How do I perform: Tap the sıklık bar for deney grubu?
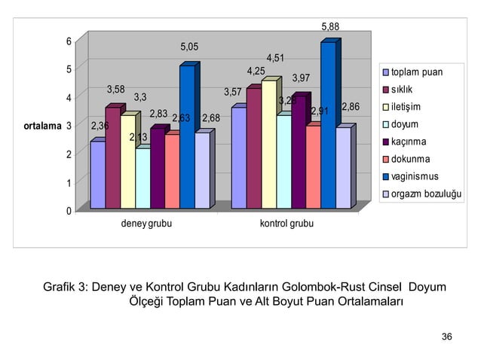[113, 158]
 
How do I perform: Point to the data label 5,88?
[330, 27]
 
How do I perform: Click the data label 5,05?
[189, 47]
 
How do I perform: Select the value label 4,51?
[275, 58]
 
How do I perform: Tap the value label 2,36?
[100, 126]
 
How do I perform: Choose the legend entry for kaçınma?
[409, 142]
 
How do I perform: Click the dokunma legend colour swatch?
[385, 160]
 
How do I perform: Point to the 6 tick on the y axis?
[69, 41]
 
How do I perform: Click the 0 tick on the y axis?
[69, 211]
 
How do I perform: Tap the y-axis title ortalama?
[41, 126]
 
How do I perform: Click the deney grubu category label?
[146, 224]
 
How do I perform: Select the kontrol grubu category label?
[286, 224]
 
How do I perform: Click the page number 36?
[446, 336]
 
